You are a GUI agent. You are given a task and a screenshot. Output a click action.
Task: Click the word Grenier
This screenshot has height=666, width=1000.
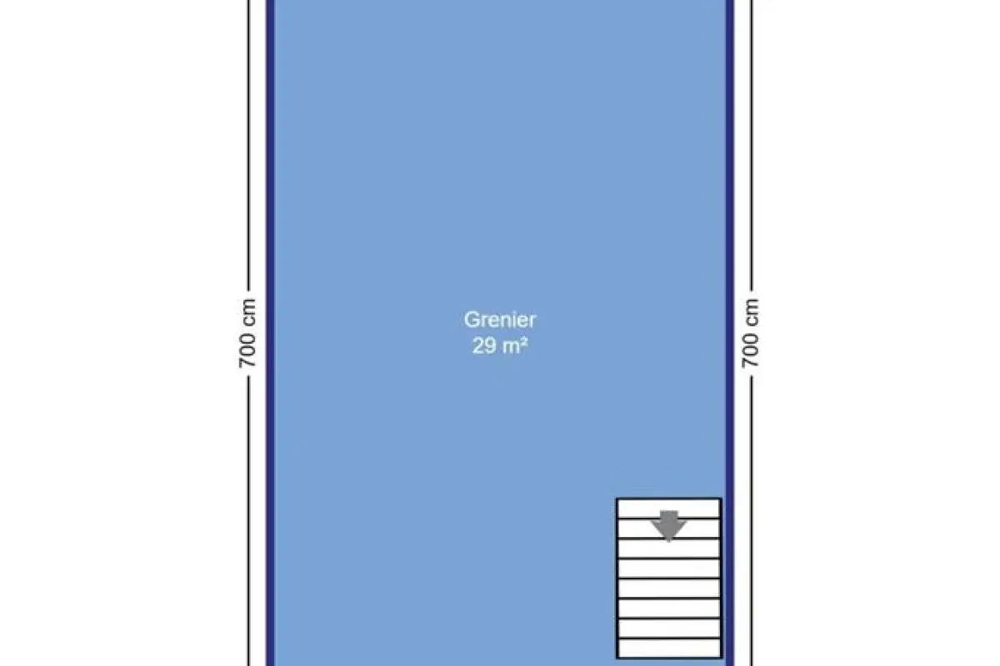(x=499, y=320)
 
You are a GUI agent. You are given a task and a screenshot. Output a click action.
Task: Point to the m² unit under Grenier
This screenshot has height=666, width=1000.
(x=515, y=345)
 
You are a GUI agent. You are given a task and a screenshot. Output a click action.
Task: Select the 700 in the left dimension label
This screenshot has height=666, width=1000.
(x=247, y=351)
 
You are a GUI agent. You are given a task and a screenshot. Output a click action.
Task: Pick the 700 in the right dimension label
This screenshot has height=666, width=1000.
(x=750, y=351)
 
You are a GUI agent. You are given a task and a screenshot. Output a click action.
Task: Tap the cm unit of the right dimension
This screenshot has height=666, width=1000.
(x=751, y=312)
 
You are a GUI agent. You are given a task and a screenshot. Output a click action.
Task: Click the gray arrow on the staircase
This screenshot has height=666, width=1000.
(x=668, y=525)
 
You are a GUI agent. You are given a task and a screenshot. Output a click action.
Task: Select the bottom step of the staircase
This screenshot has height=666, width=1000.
(x=668, y=649)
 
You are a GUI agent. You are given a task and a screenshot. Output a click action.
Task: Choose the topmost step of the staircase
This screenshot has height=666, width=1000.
(x=668, y=509)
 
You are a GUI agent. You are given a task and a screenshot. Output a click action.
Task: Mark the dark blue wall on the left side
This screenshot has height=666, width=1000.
(x=271, y=333)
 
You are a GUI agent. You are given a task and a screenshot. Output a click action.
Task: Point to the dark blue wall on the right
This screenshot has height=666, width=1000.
(x=729, y=333)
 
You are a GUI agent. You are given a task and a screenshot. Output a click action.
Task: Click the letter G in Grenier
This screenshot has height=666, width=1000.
(x=471, y=320)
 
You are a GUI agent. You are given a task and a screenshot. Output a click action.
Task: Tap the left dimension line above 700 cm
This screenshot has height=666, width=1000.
(x=248, y=145)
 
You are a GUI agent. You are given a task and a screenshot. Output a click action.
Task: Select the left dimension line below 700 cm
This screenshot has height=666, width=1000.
(x=248, y=521)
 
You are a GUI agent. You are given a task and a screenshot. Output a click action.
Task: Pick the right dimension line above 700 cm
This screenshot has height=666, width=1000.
(x=752, y=145)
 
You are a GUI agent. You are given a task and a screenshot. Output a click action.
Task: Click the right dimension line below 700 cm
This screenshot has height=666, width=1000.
(x=752, y=521)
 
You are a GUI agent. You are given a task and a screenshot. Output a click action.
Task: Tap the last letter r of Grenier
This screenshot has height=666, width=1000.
(x=532, y=322)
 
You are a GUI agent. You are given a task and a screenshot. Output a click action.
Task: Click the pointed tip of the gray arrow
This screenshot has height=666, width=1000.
(x=668, y=542)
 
